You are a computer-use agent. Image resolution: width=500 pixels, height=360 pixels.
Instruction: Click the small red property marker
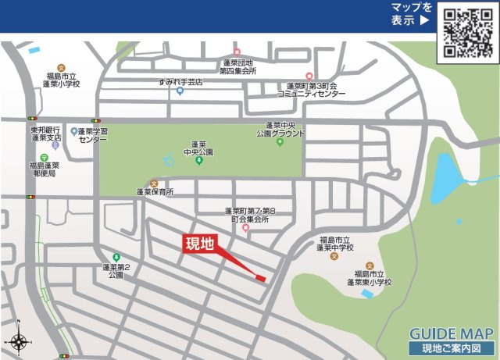[x=261, y=276]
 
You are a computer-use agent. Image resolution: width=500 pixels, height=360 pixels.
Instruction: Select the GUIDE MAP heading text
[x=451, y=333]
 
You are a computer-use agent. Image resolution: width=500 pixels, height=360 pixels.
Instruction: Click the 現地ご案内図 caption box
[x=451, y=348]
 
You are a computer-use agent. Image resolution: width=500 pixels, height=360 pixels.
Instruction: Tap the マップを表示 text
[x=411, y=14]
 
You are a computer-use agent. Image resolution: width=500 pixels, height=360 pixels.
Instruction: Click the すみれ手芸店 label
[x=180, y=81]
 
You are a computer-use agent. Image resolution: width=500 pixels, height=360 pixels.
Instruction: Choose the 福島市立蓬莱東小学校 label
[x=370, y=281]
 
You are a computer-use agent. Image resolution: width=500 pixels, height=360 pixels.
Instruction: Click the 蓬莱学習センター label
[x=93, y=134]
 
